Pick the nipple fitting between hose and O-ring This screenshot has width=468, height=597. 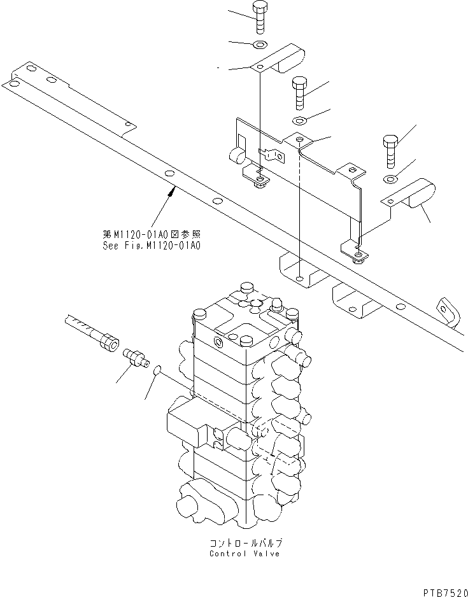[135, 356]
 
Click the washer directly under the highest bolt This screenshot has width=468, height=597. [259, 45]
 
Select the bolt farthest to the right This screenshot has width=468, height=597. [390, 150]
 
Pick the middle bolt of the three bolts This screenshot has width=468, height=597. [300, 93]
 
